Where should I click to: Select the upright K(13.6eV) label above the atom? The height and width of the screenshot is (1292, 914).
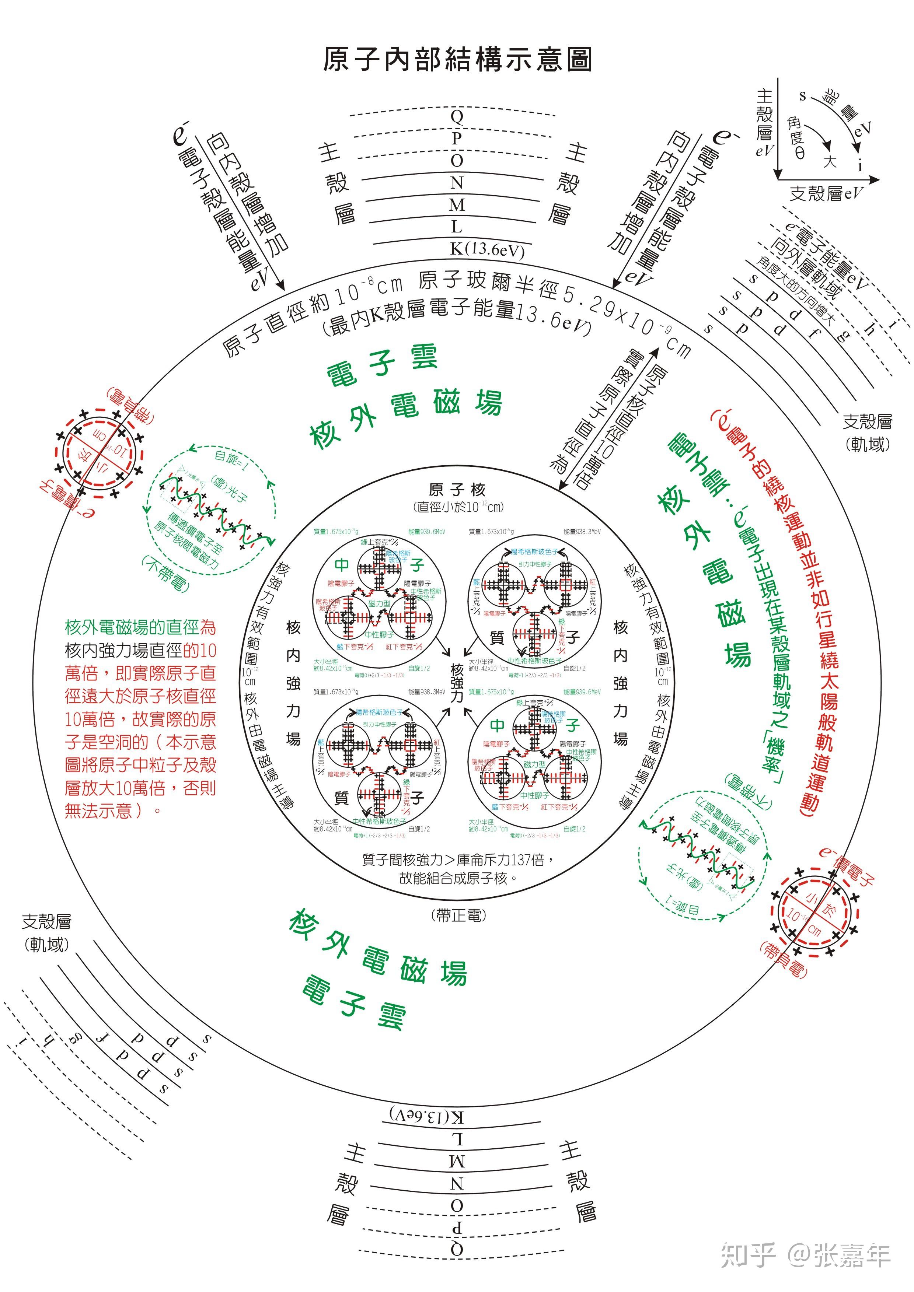487,249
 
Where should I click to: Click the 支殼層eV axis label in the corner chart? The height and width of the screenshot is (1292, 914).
826,193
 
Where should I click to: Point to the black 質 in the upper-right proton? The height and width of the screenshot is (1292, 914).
497,638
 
